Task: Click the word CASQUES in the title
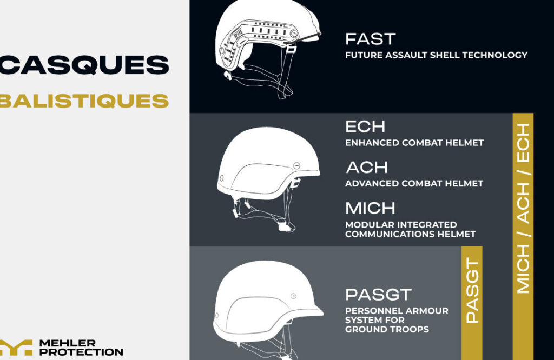(84, 65)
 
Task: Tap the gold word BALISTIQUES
(84, 101)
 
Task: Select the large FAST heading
(370, 39)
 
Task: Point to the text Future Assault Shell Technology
(437, 55)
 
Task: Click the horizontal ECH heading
(365, 126)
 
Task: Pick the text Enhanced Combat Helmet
(414, 143)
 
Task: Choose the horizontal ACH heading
(367, 167)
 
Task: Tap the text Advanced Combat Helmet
(414, 184)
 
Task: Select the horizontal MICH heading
(370, 208)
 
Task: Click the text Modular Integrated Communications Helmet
(411, 229)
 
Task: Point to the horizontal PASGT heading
(378, 295)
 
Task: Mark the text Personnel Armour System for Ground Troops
(397, 320)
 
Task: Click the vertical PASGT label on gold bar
(472, 290)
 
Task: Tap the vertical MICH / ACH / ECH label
(523, 208)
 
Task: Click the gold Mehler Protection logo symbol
(16, 347)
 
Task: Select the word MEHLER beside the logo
(68, 343)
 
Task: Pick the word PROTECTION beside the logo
(81, 352)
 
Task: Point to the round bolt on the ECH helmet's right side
(297, 165)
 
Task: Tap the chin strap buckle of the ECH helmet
(284, 226)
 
